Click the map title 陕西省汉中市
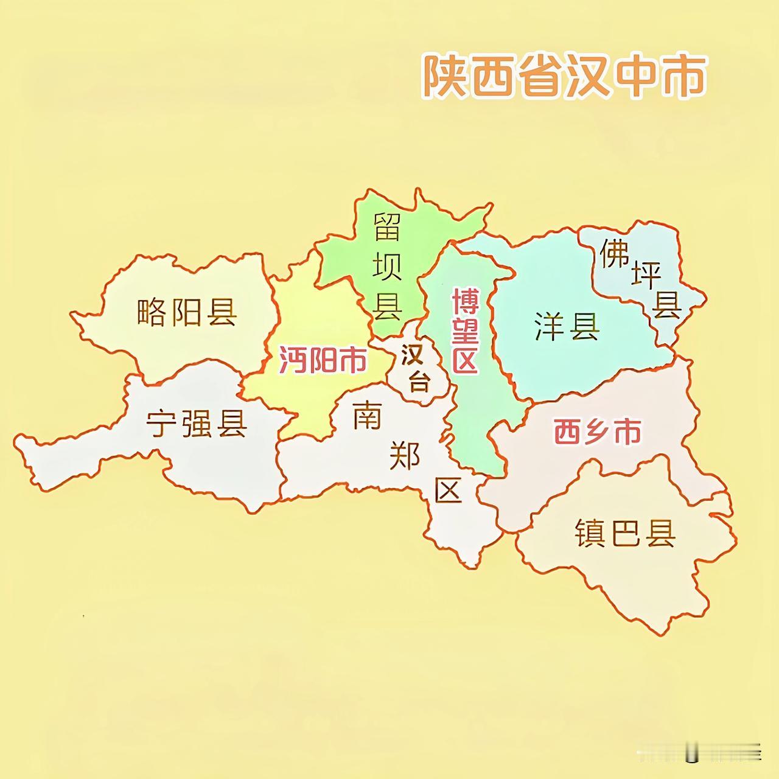click(x=564, y=77)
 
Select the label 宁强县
click(x=196, y=423)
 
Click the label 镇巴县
click(x=625, y=534)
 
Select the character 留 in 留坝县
click(x=387, y=226)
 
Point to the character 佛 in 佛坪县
click(x=614, y=253)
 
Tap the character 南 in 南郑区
click(x=368, y=417)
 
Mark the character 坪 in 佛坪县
click(x=646, y=276)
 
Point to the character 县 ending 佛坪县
click(x=666, y=304)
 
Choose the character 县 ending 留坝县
click(x=387, y=306)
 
